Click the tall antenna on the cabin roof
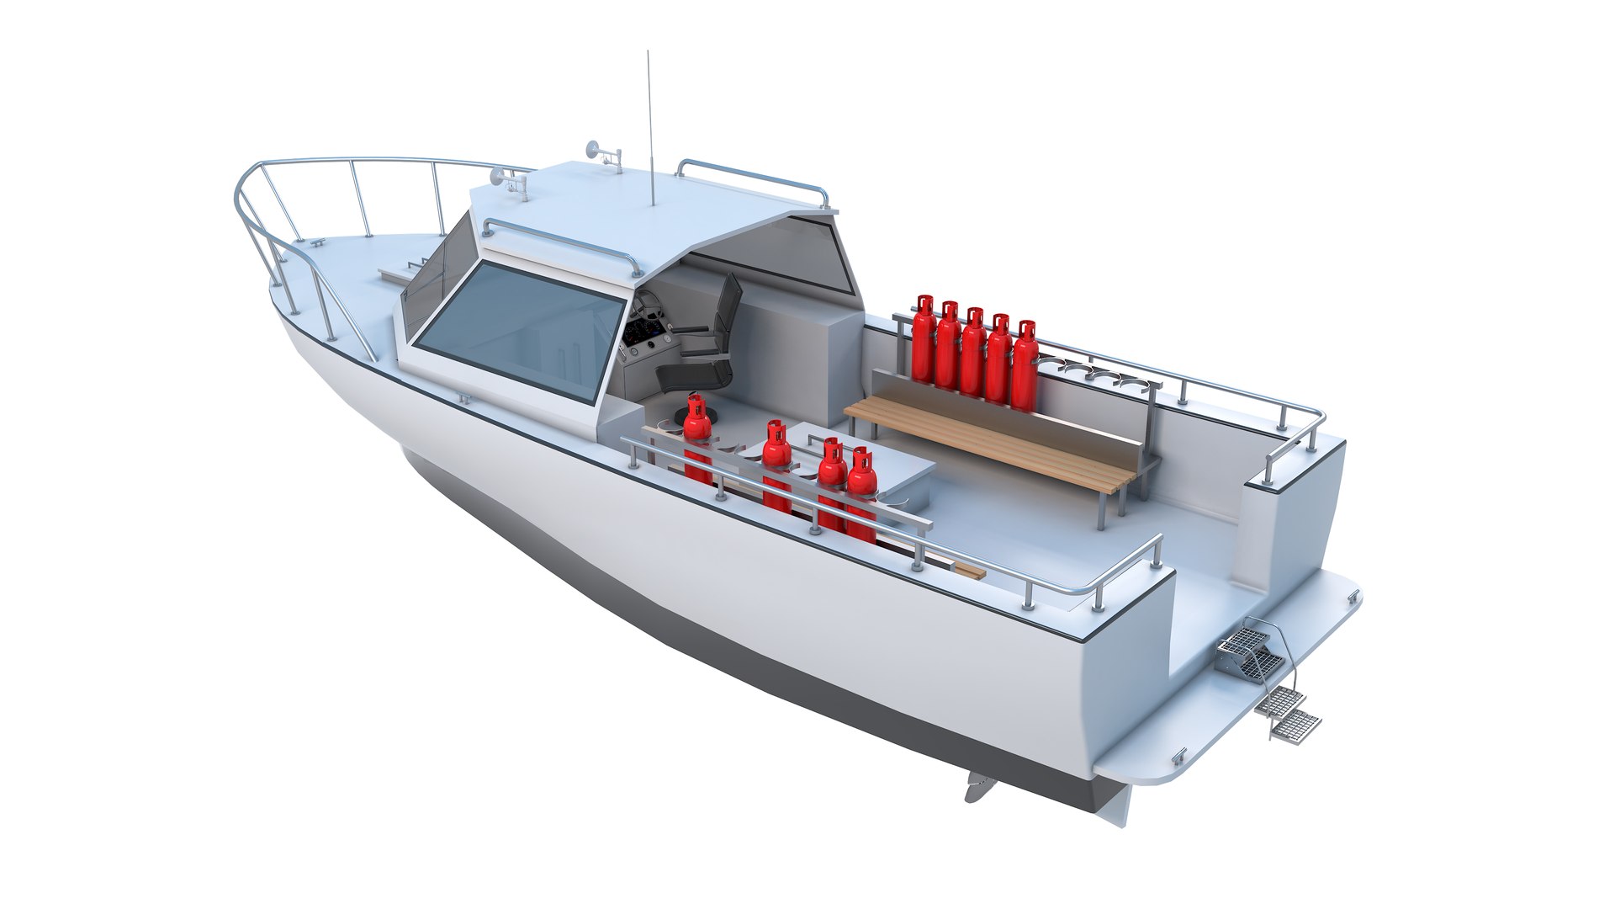(x=649, y=126)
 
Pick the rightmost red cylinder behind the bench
(x=1025, y=366)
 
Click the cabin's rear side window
(x=778, y=252)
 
